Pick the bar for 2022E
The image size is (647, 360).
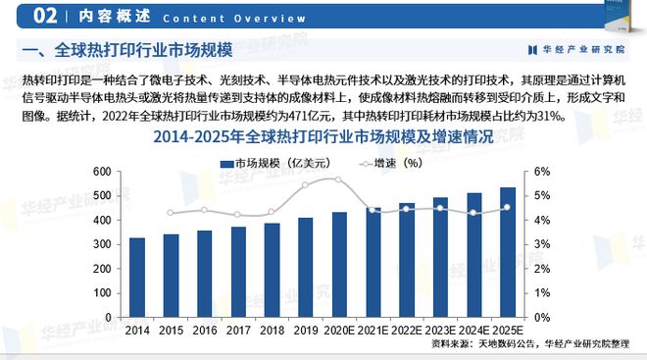[x=407, y=260]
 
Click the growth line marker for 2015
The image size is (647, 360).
[x=171, y=213]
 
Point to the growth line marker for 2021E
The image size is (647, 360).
[x=373, y=210]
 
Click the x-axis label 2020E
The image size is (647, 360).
[x=339, y=332]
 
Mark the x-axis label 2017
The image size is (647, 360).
[x=238, y=332]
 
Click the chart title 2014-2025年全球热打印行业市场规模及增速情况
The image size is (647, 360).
[x=323, y=139]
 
